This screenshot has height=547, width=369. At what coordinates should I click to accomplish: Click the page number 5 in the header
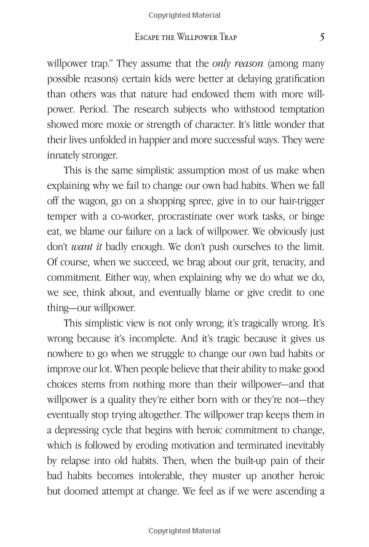click(x=322, y=38)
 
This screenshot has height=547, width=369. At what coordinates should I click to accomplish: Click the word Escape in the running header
click(x=149, y=38)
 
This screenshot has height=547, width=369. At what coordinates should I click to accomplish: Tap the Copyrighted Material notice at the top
click(x=184, y=15)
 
